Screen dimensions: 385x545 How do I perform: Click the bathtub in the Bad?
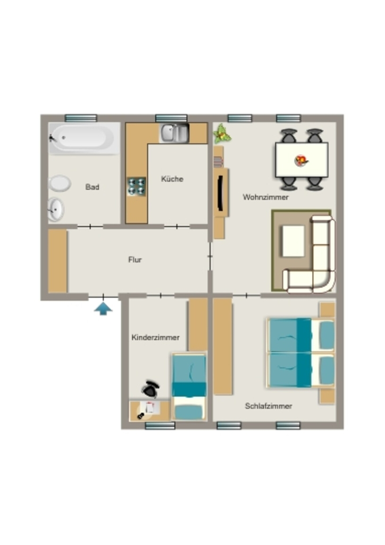(x=83, y=138)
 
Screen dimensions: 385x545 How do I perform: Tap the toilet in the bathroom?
(x=60, y=183)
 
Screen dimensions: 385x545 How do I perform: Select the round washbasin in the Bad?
(x=55, y=209)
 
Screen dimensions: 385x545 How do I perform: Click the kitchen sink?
(x=174, y=133)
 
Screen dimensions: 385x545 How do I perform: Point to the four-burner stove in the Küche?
(x=137, y=186)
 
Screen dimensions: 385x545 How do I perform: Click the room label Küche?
(x=172, y=179)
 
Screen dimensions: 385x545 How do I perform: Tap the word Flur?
(x=135, y=260)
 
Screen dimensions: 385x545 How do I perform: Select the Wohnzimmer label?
(x=265, y=197)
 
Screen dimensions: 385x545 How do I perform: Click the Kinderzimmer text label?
(x=155, y=337)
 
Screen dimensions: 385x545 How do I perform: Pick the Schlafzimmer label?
(x=269, y=406)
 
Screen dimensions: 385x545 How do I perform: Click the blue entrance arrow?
(x=103, y=309)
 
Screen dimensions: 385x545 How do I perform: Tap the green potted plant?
(x=222, y=134)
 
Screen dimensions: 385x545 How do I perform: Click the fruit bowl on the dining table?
(x=302, y=160)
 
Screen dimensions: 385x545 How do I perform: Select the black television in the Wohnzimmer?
(x=220, y=193)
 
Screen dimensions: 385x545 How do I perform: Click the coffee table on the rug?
(x=294, y=241)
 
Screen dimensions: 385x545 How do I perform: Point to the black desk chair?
(x=150, y=389)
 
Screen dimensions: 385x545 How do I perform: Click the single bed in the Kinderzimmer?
(x=189, y=387)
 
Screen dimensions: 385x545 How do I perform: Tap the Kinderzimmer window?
(x=160, y=426)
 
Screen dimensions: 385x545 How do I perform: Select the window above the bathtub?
(x=81, y=118)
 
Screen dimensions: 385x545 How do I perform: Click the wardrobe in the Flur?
(x=57, y=261)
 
